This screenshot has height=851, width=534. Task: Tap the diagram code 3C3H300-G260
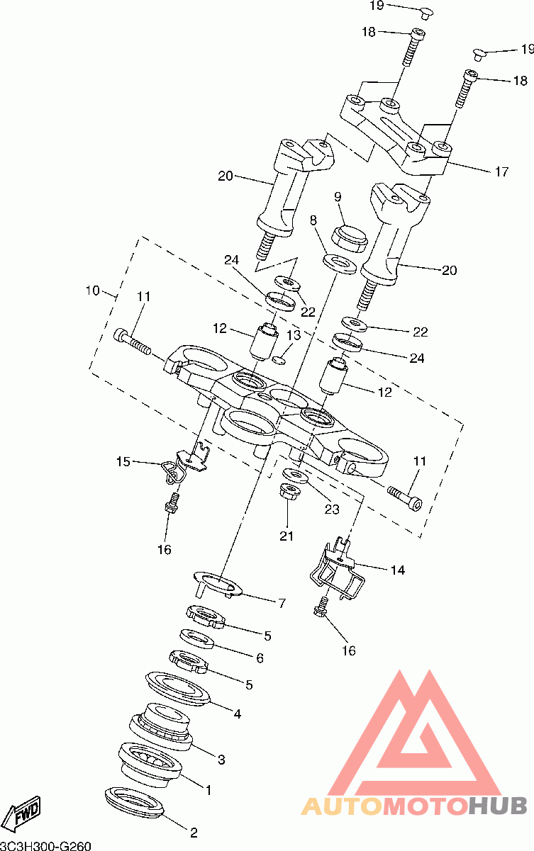[x=45, y=845]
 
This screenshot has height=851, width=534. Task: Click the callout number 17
[x=501, y=172]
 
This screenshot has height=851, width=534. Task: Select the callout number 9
[x=338, y=197]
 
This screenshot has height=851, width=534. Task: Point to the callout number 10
[x=93, y=291]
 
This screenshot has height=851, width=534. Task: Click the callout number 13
[x=294, y=335]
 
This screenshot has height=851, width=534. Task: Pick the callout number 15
[x=123, y=461]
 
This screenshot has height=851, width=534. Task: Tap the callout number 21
[x=287, y=536]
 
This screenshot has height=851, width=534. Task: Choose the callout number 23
[x=332, y=509]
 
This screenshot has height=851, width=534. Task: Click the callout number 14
[x=398, y=570]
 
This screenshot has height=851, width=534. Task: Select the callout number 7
[x=282, y=603]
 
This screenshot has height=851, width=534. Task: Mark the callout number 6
[x=260, y=658]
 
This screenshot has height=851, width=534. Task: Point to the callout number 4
[x=238, y=714]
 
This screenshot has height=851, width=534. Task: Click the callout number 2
[x=194, y=833]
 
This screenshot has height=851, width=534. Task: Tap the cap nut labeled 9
[x=350, y=238]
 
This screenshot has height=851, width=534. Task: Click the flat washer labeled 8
[x=340, y=264]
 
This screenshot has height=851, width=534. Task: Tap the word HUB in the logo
[x=498, y=806]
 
